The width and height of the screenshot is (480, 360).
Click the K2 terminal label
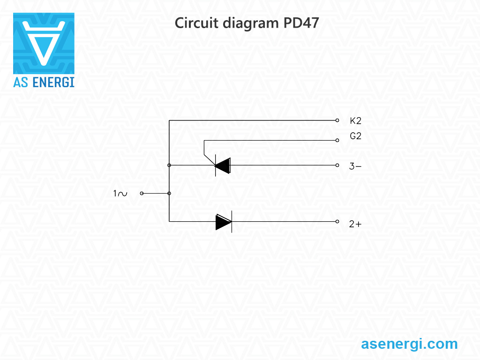[x=355, y=121]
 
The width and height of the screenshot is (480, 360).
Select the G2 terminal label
[x=355, y=136]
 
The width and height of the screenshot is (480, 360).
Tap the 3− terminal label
[x=355, y=166]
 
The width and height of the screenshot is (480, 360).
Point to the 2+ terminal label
[x=355, y=224]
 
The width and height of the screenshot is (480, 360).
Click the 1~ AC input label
[x=120, y=193]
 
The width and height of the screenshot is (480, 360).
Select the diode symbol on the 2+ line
[x=224, y=222]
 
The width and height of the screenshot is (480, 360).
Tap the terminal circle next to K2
[x=337, y=120]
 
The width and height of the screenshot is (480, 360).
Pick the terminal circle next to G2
[x=337, y=140]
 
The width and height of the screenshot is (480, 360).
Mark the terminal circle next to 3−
[x=337, y=165]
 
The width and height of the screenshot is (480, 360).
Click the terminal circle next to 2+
[x=337, y=222]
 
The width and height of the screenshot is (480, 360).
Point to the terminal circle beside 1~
[x=142, y=193]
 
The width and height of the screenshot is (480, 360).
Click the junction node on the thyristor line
[x=169, y=165]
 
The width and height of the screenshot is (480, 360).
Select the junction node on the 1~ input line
[x=169, y=193]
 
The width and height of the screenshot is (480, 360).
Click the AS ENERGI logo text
[x=44, y=82]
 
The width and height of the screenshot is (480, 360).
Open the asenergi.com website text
[x=409, y=344]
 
